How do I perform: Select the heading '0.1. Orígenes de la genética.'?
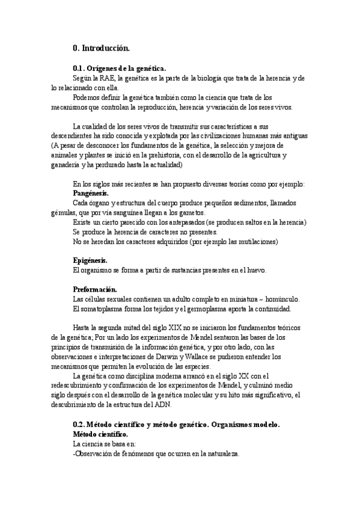click(x=119, y=69)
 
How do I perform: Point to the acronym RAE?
click(x=106, y=79)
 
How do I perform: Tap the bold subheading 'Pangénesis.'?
click(x=90, y=194)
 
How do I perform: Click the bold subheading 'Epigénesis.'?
click(x=90, y=260)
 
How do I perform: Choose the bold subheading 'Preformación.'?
click(x=94, y=289)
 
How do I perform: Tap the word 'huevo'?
click(x=255, y=271)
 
